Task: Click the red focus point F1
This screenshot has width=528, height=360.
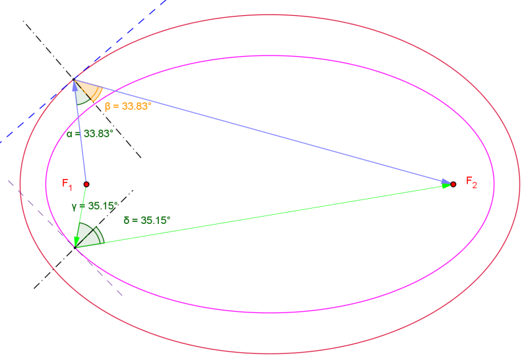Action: coord(86,184)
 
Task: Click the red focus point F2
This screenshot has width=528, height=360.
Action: coord(453,184)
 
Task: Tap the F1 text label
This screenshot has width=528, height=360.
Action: coord(67,183)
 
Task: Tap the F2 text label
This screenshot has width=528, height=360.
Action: coord(471,182)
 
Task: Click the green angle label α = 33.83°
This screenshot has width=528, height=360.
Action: coord(90,133)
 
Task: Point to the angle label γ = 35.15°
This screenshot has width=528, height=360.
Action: coord(94,205)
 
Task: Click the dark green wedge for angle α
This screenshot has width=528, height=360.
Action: coord(81,97)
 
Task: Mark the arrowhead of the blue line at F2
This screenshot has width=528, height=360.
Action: coord(445,181)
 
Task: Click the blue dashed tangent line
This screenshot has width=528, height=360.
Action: coord(40,112)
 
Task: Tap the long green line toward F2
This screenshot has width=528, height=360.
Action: coord(264,216)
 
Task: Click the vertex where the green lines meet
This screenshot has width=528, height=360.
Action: coord(75,247)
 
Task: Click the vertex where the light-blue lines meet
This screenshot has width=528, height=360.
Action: coord(75,80)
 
